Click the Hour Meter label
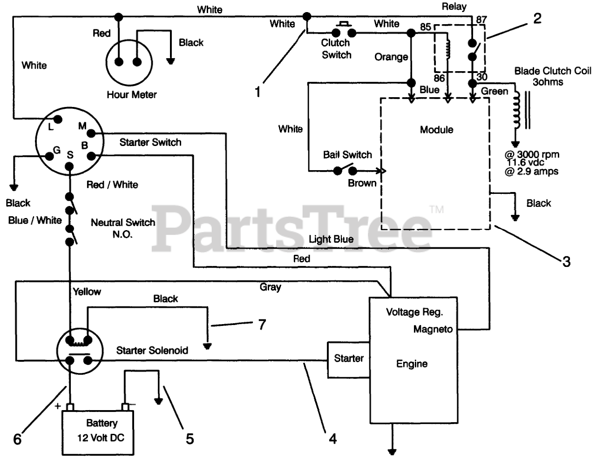[x=132, y=95]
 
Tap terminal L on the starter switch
[x=58, y=119]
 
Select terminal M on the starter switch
[x=91, y=133]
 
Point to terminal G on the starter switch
[x=49, y=156]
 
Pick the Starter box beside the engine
[x=349, y=360]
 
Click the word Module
[x=437, y=129]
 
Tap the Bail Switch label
[x=347, y=155]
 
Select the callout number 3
[x=566, y=262]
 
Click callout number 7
[x=262, y=325]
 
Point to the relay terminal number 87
[x=481, y=20]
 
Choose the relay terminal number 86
[x=439, y=78]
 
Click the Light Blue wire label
[x=331, y=239]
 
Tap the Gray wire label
[x=271, y=287]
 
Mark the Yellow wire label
[x=87, y=292]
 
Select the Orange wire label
[x=391, y=57]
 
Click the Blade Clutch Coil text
[x=552, y=71]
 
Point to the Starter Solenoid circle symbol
[x=80, y=351]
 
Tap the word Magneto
[x=433, y=329]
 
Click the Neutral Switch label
[x=123, y=222]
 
